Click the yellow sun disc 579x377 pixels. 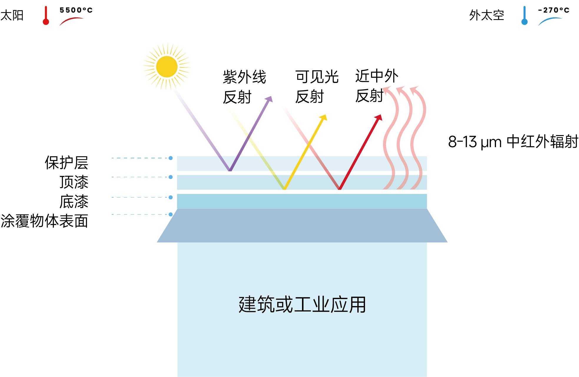(x=167, y=67)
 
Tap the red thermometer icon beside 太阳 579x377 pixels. (x=46, y=16)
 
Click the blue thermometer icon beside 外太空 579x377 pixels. (x=524, y=16)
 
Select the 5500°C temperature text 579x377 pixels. (x=76, y=10)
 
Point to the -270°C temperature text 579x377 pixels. (x=553, y=10)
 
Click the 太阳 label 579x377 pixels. (x=12, y=15)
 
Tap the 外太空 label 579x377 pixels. (x=487, y=15)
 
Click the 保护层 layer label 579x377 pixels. (x=67, y=163)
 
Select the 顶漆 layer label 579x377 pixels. (x=74, y=182)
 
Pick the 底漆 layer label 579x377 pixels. (x=74, y=202)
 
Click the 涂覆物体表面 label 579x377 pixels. (x=44, y=221)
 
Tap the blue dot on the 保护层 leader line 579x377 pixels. (x=171, y=158)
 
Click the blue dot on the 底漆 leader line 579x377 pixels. (x=171, y=197)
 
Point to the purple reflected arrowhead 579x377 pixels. (x=269, y=99)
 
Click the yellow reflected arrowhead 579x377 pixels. (x=324, y=118)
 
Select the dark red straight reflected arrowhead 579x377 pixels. (x=379, y=118)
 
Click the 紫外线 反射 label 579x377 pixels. (x=244, y=87)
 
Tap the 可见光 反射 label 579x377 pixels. (x=317, y=87)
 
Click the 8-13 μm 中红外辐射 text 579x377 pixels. (x=513, y=142)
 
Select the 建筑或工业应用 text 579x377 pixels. (x=302, y=305)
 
